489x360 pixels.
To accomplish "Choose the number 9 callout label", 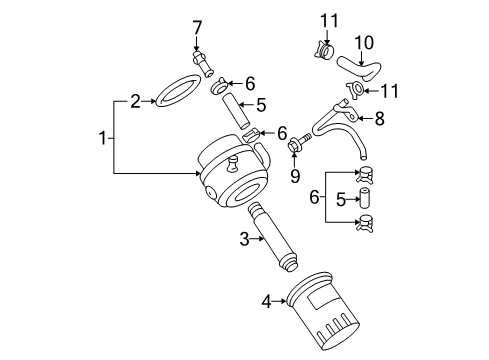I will [x=293, y=177].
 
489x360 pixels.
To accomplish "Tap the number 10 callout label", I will [x=363, y=42].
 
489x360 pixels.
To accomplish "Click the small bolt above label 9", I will [x=296, y=150].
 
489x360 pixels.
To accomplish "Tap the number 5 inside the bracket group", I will [x=343, y=198].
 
